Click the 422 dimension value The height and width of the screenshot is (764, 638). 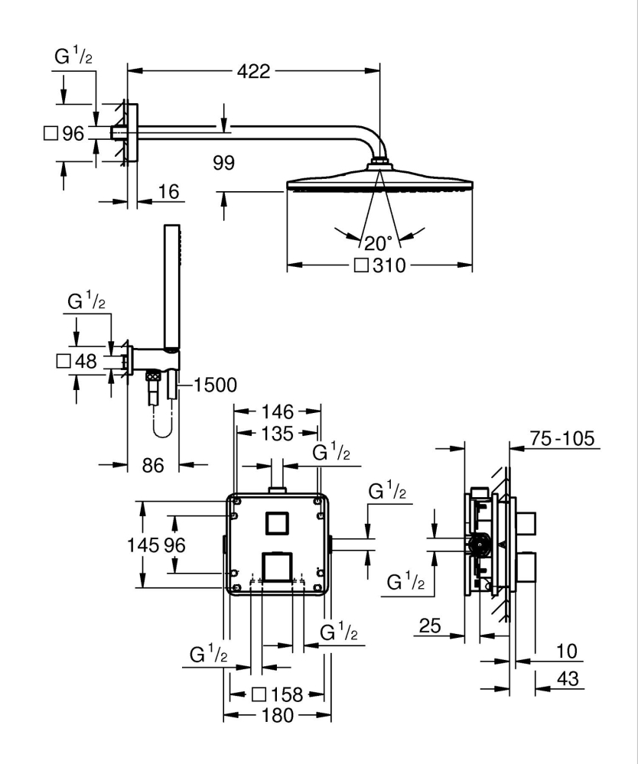pos(253,72)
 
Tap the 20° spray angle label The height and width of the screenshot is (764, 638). pos(378,243)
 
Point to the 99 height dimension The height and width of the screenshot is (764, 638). pos(224,163)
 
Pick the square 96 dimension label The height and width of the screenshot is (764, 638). pos(63,134)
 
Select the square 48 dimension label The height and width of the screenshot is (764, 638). pos(77,361)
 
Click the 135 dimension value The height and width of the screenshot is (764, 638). pos(276,434)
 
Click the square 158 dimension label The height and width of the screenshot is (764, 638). pos(278,694)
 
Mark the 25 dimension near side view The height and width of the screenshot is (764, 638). pos(431,627)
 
